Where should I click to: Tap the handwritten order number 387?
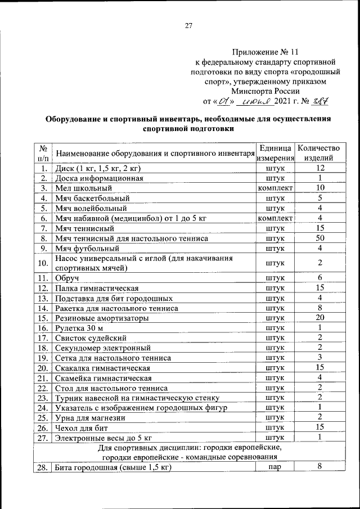[x=321, y=102]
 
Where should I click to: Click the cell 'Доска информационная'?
[x=100, y=178]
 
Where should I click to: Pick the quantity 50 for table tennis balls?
[x=319, y=238]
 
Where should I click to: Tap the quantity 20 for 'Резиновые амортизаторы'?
[x=319, y=318]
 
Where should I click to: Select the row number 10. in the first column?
[x=42, y=263]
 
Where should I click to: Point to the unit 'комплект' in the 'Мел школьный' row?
[x=276, y=188]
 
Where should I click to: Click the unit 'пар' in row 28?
[x=276, y=467]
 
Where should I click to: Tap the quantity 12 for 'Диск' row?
[x=319, y=168]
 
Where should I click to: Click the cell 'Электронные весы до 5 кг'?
[x=103, y=438]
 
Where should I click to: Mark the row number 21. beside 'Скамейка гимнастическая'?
[x=42, y=378]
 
